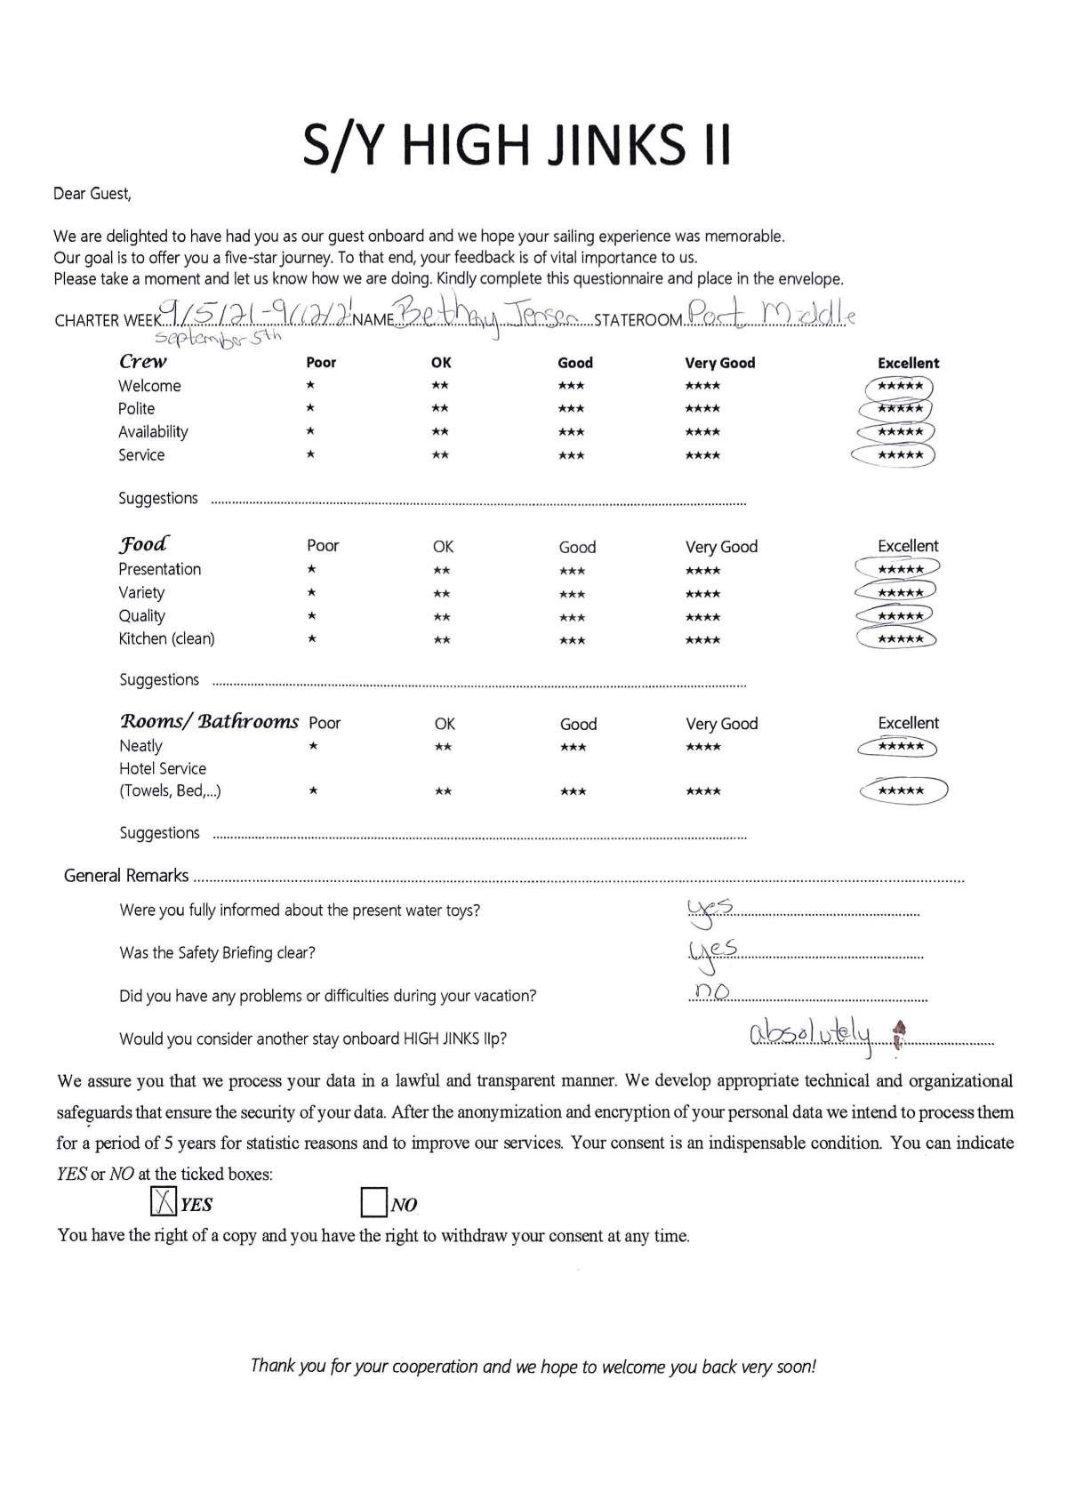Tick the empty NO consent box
click(373, 1203)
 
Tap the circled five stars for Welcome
click(899, 387)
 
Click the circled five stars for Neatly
click(899, 747)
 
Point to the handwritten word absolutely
click(811, 1034)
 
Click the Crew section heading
click(143, 361)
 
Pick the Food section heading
click(143, 544)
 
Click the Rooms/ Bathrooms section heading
click(209, 721)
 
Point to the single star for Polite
click(310, 409)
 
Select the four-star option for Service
click(702, 455)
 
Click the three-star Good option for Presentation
click(573, 571)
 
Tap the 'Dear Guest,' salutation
click(92, 193)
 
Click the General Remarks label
click(126, 876)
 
